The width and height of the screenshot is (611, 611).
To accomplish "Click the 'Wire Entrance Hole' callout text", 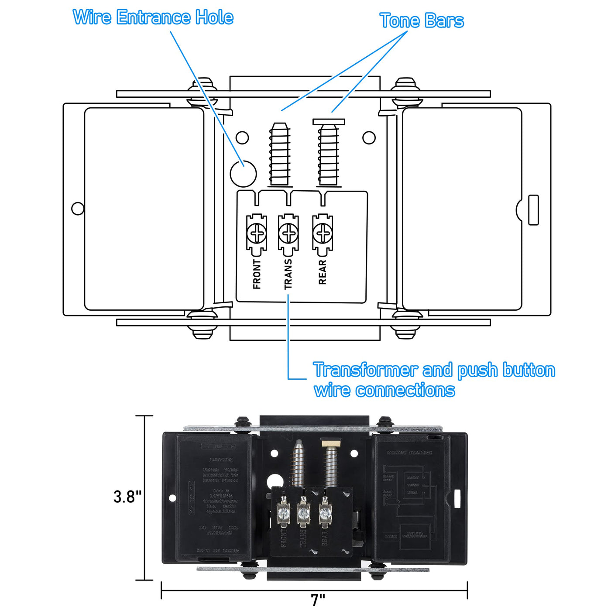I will pyautogui.click(x=153, y=17).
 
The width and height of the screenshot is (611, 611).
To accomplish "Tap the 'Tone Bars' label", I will pyautogui.click(x=422, y=21).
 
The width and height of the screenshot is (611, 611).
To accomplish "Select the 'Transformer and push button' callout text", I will pyautogui.click(x=434, y=370).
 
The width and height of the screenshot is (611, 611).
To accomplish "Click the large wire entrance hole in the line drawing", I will pyautogui.click(x=243, y=174).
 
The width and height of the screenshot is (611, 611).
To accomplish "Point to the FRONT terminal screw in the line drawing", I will pyautogui.click(x=257, y=234).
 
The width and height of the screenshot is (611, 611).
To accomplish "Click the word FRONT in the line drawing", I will pyautogui.click(x=257, y=275).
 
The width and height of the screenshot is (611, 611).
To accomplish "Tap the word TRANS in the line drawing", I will pyautogui.click(x=288, y=275).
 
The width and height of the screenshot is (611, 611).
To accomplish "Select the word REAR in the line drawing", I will pyautogui.click(x=323, y=272).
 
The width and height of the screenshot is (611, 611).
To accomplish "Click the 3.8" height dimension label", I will pyautogui.click(x=127, y=497).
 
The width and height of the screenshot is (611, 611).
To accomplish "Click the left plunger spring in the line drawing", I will pyautogui.click(x=279, y=155).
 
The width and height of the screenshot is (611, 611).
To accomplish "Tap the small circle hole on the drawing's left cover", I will pyautogui.click(x=78, y=209).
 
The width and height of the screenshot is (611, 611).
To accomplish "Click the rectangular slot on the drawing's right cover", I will pyautogui.click(x=533, y=210).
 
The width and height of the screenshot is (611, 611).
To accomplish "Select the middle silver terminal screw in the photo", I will pyautogui.click(x=303, y=511).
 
